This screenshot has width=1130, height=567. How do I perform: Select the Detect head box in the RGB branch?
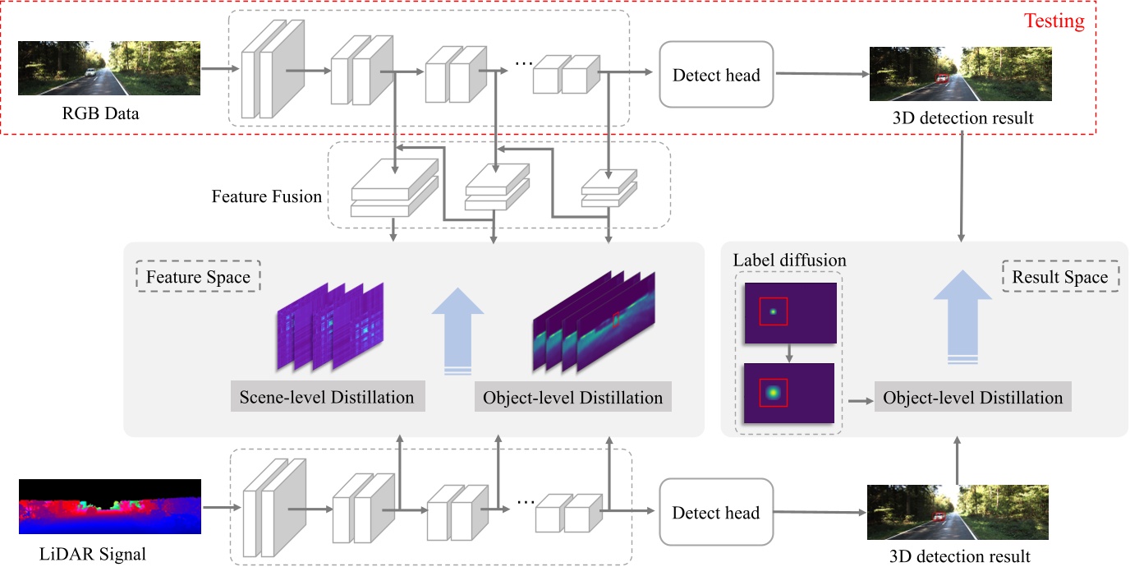[716, 75]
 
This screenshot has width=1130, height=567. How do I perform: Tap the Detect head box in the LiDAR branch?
[716, 513]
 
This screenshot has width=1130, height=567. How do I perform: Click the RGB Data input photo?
[108, 68]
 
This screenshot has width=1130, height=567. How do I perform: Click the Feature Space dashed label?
[198, 277]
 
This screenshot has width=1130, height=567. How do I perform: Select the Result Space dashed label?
[1059, 277]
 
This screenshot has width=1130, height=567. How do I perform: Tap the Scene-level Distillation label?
[327, 398]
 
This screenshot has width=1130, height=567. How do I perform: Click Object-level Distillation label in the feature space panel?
[572, 398]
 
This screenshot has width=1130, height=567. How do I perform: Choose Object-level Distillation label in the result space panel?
[972, 398]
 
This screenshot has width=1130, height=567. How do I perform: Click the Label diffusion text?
[789, 260]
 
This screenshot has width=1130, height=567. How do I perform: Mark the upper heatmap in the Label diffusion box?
[789, 312]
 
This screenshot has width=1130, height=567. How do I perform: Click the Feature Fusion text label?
[266, 196]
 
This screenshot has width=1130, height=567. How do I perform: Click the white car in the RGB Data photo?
[90, 74]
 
